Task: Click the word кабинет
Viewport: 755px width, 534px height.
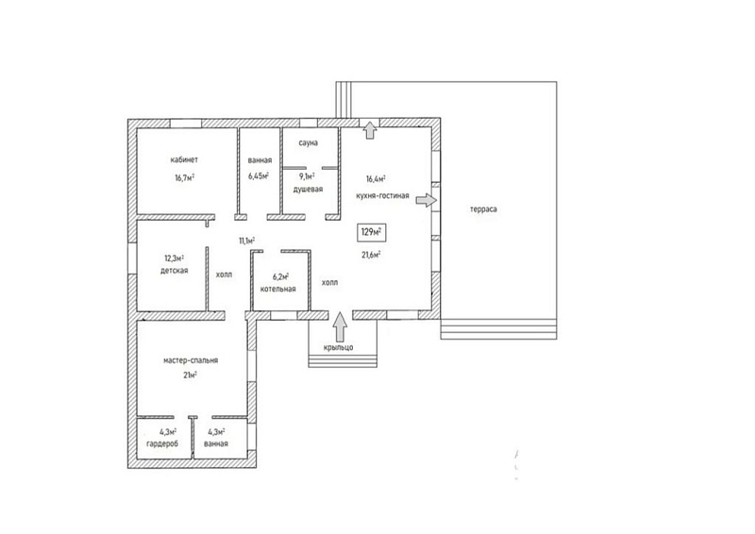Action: pyautogui.click(x=184, y=159)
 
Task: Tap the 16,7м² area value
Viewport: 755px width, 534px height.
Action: pyautogui.click(x=185, y=177)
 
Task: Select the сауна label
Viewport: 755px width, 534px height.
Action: pyautogui.click(x=309, y=143)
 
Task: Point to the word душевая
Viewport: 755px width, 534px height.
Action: pyautogui.click(x=309, y=190)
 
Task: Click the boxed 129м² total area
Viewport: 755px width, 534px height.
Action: pyautogui.click(x=372, y=232)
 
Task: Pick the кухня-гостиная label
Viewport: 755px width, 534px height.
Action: pyautogui.click(x=383, y=195)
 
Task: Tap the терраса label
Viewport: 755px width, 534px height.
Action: pyautogui.click(x=483, y=209)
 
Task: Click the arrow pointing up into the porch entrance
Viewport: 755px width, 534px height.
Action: pyautogui.click(x=340, y=327)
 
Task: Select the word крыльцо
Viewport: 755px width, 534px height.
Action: pyautogui.click(x=338, y=347)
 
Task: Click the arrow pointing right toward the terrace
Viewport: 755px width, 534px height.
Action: pyautogui.click(x=427, y=200)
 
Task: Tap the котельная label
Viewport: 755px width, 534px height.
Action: pyautogui.click(x=277, y=289)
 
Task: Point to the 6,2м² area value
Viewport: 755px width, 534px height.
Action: pyautogui.click(x=280, y=276)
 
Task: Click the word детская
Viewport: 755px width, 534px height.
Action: pyautogui.click(x=175, y=271)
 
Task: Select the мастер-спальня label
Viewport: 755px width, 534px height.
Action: pyautogui.click(x=191, y=360)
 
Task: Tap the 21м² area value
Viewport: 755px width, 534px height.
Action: pyautogui.click(x=191, y=375)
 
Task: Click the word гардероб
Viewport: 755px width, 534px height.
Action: pyautogui.click(x=162, y=443)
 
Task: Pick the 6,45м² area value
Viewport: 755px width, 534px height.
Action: pyautogui.click(x=259, y=175)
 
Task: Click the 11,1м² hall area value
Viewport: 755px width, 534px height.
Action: pyautogui.click(x=247, y=240)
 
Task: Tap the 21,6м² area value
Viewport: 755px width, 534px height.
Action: pyautogui.click(x=372, y=255)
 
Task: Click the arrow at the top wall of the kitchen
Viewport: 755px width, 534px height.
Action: pyautogui.click(x=370, y=130)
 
